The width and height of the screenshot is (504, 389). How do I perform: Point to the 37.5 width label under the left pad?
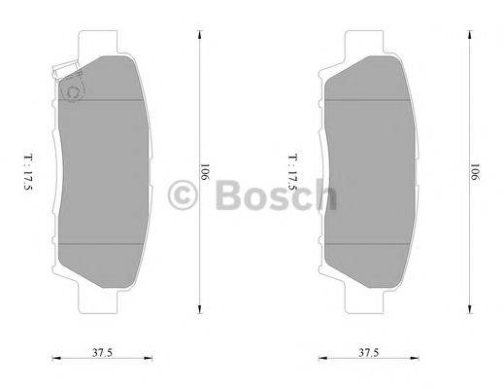(x=93, y=352)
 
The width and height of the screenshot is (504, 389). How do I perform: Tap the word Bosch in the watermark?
(x=272, y=194)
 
